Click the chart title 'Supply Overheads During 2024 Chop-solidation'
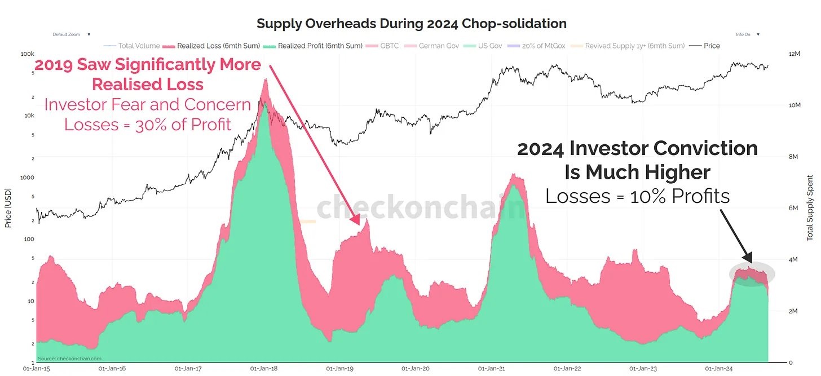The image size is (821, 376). pos(411,24)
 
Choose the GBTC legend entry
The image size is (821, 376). pos(388,46)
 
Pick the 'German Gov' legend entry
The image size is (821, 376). pos(437,46)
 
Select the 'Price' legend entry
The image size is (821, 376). pos(712,46)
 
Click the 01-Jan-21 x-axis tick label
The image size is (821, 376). pos(492,369)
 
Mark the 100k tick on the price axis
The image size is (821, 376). pos(27,54)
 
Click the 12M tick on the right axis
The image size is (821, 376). pos(794,54)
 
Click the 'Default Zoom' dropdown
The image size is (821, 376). pos(71,34)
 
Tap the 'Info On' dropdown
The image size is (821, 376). pos(747,34)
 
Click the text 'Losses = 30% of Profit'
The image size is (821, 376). pos(148,124)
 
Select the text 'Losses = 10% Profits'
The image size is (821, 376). pos(637,196)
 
